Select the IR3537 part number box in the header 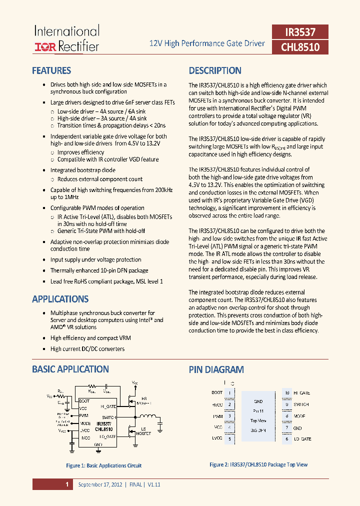pyautogui.click(x=300, y=32)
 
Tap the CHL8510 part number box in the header pyautogui.click(x=300, y=47)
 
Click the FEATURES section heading pyautogui.click(x=51, y=70)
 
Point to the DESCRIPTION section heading pyautogui.click(x=215, y=70)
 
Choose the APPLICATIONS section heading pyautogui.click(x=60, y=299)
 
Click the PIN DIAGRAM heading pyautogui.click(x=216, y=369)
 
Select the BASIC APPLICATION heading pyautogui.click(x=70, y=369)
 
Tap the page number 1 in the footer pyautogui.click(x=66, y=484)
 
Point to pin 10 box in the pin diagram pyautogui.click(x=287, y=393)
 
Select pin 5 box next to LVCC pyautogui.click(x=229, y=438)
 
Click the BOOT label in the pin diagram pyautogui.click(x=217, y=393)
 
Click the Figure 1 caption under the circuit pyautogui.click(x=103, y=465)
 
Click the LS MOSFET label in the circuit pyautogui.click(x=144, y=430)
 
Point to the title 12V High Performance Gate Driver pyautogui.click(x=207, y=43)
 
